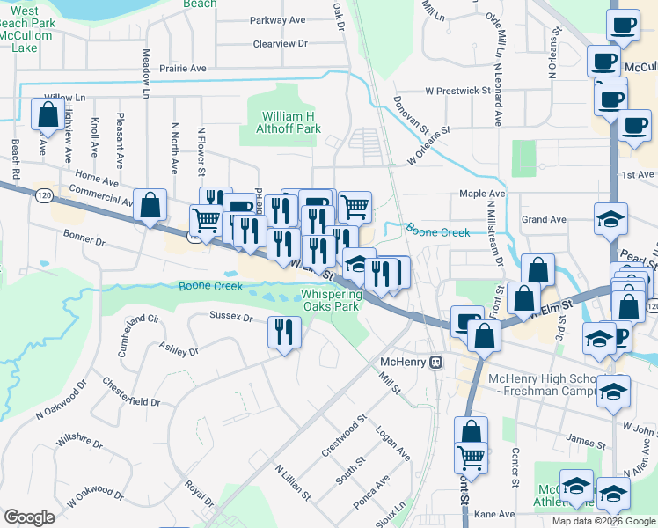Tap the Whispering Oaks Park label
pos(330,301)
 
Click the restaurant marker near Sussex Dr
pos(283,332)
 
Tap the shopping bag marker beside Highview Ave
pos(46,114)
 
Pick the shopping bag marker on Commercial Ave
pos(150,206)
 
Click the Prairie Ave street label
pos(184,68)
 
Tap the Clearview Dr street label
pos(280,43)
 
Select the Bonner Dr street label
pos(84,238)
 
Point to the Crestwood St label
pos(343,436)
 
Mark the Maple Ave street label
pos(482,194)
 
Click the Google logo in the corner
pos(29,517)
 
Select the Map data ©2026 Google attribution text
pos(603,521)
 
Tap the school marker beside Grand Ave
pos(610,220)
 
